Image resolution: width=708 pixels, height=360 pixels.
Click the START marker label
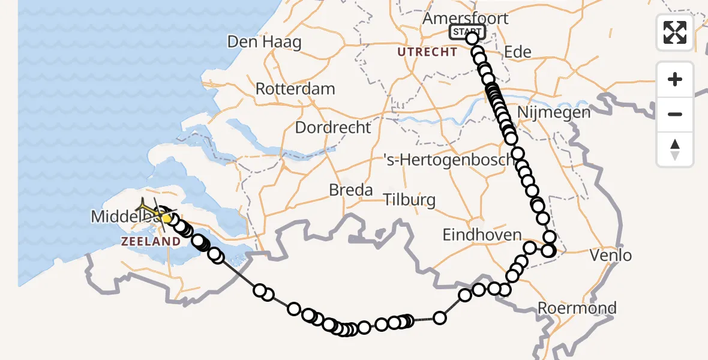pos(467,32)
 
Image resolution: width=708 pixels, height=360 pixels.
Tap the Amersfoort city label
pos(465,18)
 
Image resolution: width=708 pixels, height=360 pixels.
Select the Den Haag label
pos(264,42)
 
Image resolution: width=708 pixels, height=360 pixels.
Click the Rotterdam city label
pos(295,89)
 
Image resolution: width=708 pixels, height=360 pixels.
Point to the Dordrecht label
pos(333,127)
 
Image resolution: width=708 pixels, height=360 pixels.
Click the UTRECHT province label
pos(427,52)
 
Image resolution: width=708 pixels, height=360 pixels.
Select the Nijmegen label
pos(553,112)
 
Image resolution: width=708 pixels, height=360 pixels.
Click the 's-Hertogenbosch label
pos(449,160)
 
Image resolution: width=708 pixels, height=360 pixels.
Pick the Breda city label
pos(351,190)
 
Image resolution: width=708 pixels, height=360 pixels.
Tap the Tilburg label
pos(409,199)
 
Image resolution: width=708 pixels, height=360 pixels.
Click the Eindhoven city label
pos(482,235)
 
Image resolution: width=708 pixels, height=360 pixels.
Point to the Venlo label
pos(611,256)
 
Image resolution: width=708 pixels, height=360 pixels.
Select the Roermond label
pos(577,308)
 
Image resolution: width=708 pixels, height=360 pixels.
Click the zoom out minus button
pos(675,114)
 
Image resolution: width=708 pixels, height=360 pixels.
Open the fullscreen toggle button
pos(675,32)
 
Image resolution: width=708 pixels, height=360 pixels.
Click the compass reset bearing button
pos(675,149)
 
